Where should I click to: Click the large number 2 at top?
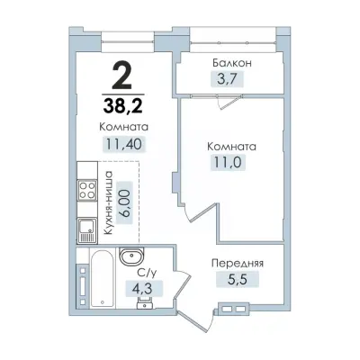click(x=121, y=76)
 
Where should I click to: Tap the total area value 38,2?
click(x=123, y=105)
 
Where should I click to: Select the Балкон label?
click(x=232, y=63)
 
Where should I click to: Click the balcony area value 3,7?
click(x=227, y=79)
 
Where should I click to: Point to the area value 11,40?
click(x=124, y=145)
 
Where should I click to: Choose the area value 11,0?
click(x=228, y=162)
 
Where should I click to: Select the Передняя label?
click(x=238, y=264)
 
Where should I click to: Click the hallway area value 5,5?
click(x=238, y=280)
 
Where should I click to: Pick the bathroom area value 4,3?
click(x=143, y=289)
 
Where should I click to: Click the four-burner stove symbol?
click(x=87, y=190)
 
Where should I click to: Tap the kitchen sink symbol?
click(x=87, y=230)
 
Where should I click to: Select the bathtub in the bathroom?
click(x=102, y=279)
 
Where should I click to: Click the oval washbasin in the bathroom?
click(x=132, y=256)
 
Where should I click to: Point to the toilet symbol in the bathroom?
click(x=144, y=301)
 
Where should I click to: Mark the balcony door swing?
click(x=229, y=102)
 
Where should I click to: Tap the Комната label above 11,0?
click(x=231, y=147)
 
